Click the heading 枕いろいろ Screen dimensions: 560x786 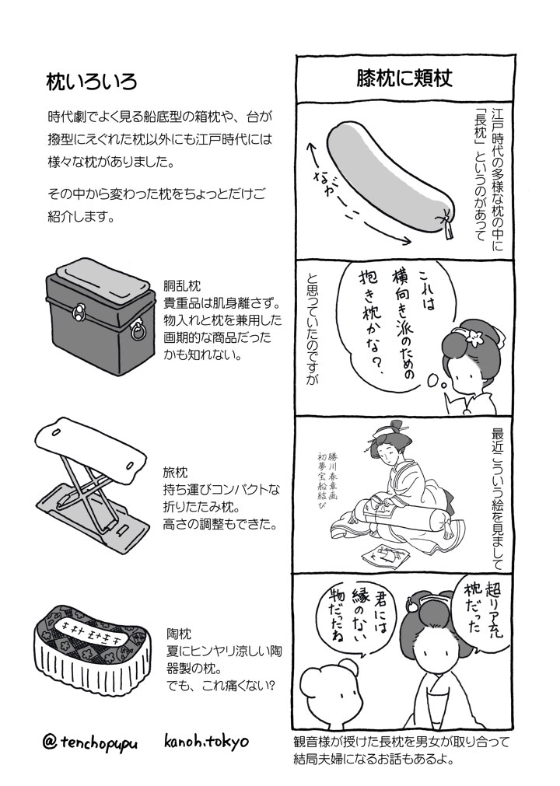point(91,82)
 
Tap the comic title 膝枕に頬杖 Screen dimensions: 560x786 point(404,78)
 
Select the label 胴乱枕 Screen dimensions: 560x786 point(181,286)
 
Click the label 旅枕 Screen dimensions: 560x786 point(175,473)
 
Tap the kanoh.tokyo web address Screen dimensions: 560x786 point(206,741)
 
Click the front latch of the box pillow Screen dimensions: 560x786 point(79,313)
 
